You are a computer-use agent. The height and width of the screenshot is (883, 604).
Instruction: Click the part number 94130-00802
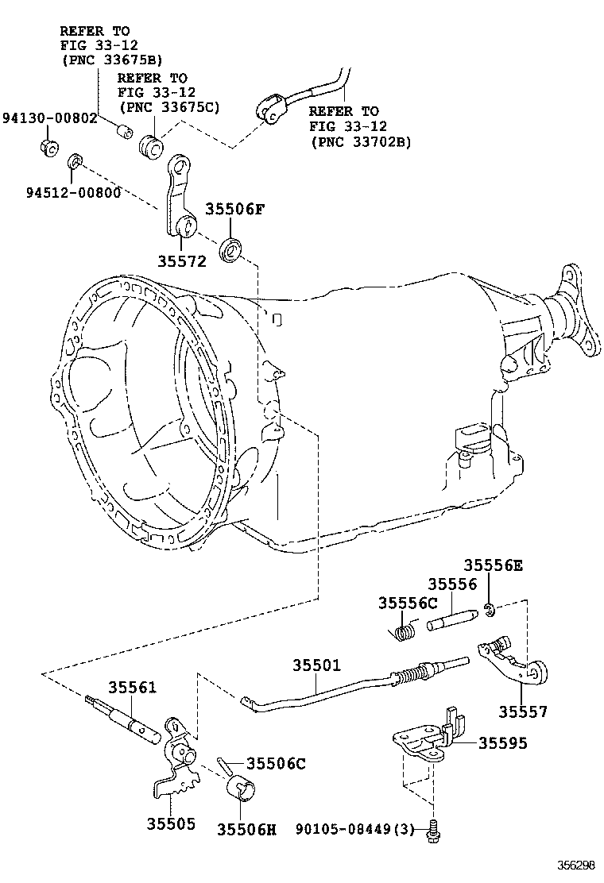click(x=48, y=118)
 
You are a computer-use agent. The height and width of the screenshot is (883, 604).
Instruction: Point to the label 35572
click(x=181, y=261)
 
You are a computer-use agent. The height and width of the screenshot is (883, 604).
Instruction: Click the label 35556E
click(x=494, y=565)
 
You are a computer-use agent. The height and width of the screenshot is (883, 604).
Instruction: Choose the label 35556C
click(x=408, y=603)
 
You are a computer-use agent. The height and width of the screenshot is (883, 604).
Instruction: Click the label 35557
click(x=523, y=711)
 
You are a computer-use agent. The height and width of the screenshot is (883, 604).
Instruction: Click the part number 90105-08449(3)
click(x=355, y=830)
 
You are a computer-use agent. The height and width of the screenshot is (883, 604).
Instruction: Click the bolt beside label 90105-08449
click(x=433, y=829)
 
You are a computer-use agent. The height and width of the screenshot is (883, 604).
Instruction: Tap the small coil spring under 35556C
click(x=405, y=631)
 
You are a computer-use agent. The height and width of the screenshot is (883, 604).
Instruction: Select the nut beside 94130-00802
click(x=48, y=147)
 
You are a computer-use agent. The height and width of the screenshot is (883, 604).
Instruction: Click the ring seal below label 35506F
click(x=232, y=249)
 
